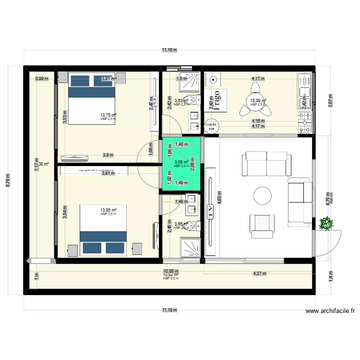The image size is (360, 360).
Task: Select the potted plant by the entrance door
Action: [327, 223]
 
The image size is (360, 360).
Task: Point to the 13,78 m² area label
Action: [108, 115]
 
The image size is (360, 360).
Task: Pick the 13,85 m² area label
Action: [108, 210]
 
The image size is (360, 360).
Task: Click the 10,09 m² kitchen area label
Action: [257, 101]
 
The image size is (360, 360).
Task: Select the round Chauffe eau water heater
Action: [211, 126]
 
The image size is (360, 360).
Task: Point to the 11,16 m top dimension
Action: [169, 49]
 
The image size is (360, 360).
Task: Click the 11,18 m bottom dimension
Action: [169, 310]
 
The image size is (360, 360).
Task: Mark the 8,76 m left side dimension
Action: [7, 180]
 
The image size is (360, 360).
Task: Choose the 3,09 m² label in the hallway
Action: [181, 163]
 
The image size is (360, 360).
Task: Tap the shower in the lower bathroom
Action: [189, 248]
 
